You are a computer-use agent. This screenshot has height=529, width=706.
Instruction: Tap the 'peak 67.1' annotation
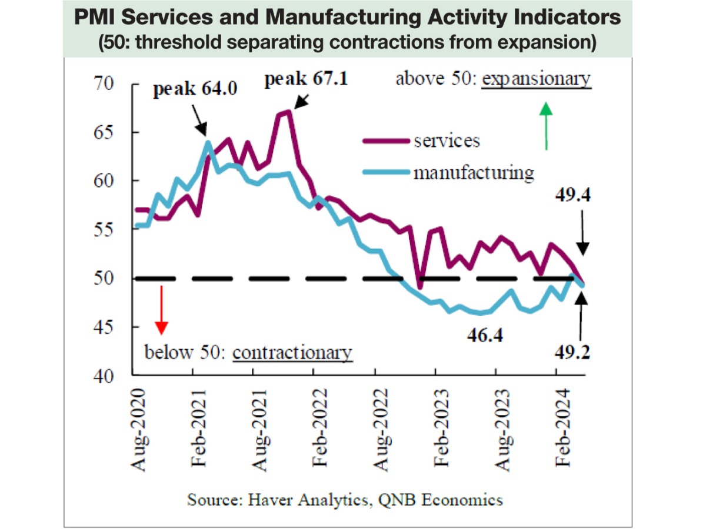tap(305, 79)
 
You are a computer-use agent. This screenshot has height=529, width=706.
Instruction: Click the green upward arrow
tap(547, 126)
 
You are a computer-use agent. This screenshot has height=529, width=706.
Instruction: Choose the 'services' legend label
tap(446, 141)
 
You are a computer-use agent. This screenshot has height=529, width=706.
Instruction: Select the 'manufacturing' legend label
tap(474, 173)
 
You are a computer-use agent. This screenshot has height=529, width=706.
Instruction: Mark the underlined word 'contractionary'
tap(292, 353)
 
